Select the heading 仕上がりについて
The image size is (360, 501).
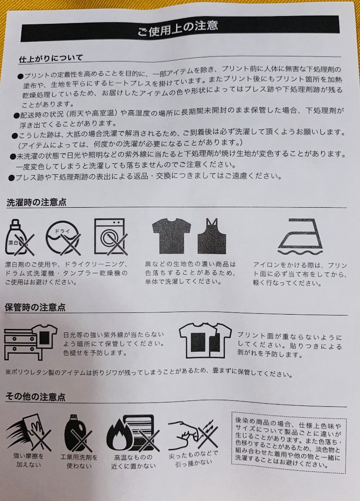click(51, 59)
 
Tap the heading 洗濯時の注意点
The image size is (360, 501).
click(37, 202)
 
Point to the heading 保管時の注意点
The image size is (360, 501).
click(35, 307)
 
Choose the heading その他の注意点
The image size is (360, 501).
click(35, 397)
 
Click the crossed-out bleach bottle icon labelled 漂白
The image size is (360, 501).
click(19, 237)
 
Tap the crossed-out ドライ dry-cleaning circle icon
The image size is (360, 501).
click(63, 238)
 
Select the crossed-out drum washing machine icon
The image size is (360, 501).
click(110, 236)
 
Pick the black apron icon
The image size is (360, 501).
click(212, 236)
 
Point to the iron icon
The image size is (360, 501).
click(300, 237)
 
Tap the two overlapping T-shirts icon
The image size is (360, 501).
click(205, 340)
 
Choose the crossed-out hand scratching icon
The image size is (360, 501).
click(193, 435)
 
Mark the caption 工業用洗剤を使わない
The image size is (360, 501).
click(79, 461)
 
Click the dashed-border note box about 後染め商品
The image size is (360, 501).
click(289, 442)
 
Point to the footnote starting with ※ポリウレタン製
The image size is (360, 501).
click(149, 372)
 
